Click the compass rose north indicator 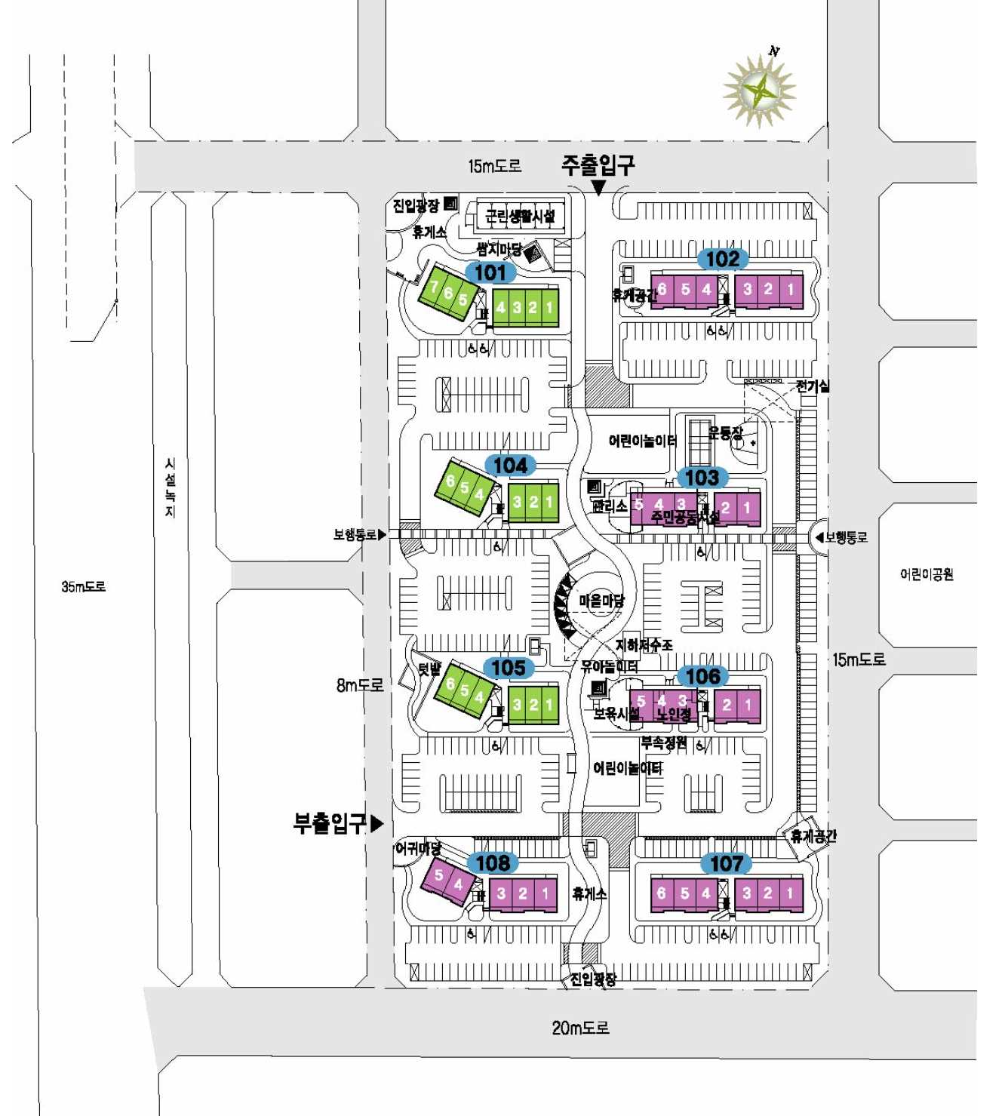tap(760, 90)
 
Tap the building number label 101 tap(490, 272)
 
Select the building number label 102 tap(722, 259)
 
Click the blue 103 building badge tap(702, 477)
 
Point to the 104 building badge tap(510, 465)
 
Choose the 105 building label tap(509, 668)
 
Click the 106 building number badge tap(702, 676)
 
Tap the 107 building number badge tap(727, 863)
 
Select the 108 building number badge tap(493, 862)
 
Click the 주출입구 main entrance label tap(598, 164)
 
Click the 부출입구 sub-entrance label tap(330, 822)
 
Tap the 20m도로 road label tap(580, 1027)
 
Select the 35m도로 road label tap(83, 586)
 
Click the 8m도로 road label tap(360, 685)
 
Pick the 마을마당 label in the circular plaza tap(601, 601)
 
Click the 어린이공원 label tap(927, 574)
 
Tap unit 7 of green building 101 tap(435, 286)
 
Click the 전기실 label tap(813, 386)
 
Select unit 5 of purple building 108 tap(439, 875)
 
